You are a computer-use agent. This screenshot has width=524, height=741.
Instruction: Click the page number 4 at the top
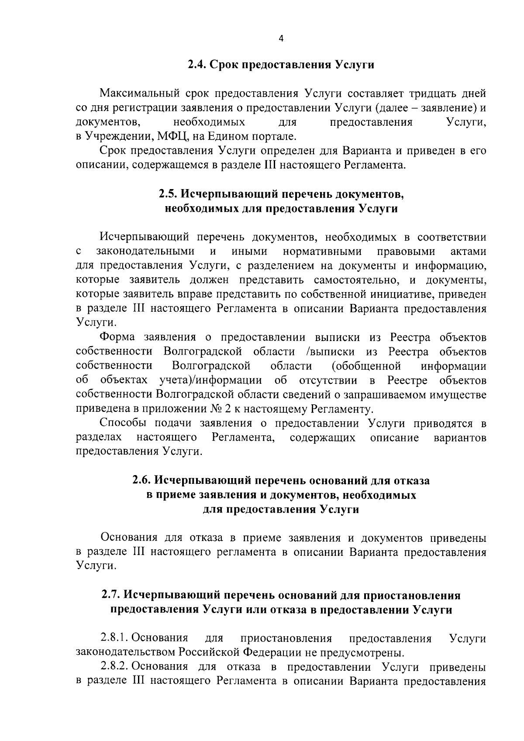point(281,39)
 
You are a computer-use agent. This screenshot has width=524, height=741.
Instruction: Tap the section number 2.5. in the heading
point(168,194)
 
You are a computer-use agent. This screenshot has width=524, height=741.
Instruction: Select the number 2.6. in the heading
point(142,481)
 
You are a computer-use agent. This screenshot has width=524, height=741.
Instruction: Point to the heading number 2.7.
point(111,596)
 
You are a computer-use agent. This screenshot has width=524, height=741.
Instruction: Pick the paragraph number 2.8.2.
point(115,667)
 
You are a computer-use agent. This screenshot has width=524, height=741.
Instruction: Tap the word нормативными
point(322,252)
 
